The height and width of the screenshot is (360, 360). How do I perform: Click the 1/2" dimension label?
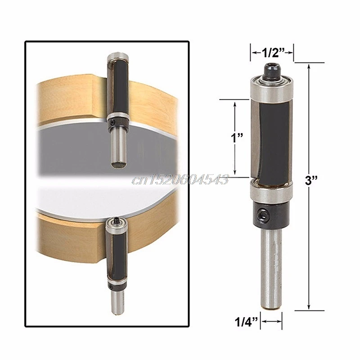click(x=273, y=53)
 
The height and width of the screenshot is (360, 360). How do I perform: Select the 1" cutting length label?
click(x=237, y=138)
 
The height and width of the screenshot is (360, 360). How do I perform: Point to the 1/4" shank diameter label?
click(x=246, y=322)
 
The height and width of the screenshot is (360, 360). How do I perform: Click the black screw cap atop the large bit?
click(x=272, y=70)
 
